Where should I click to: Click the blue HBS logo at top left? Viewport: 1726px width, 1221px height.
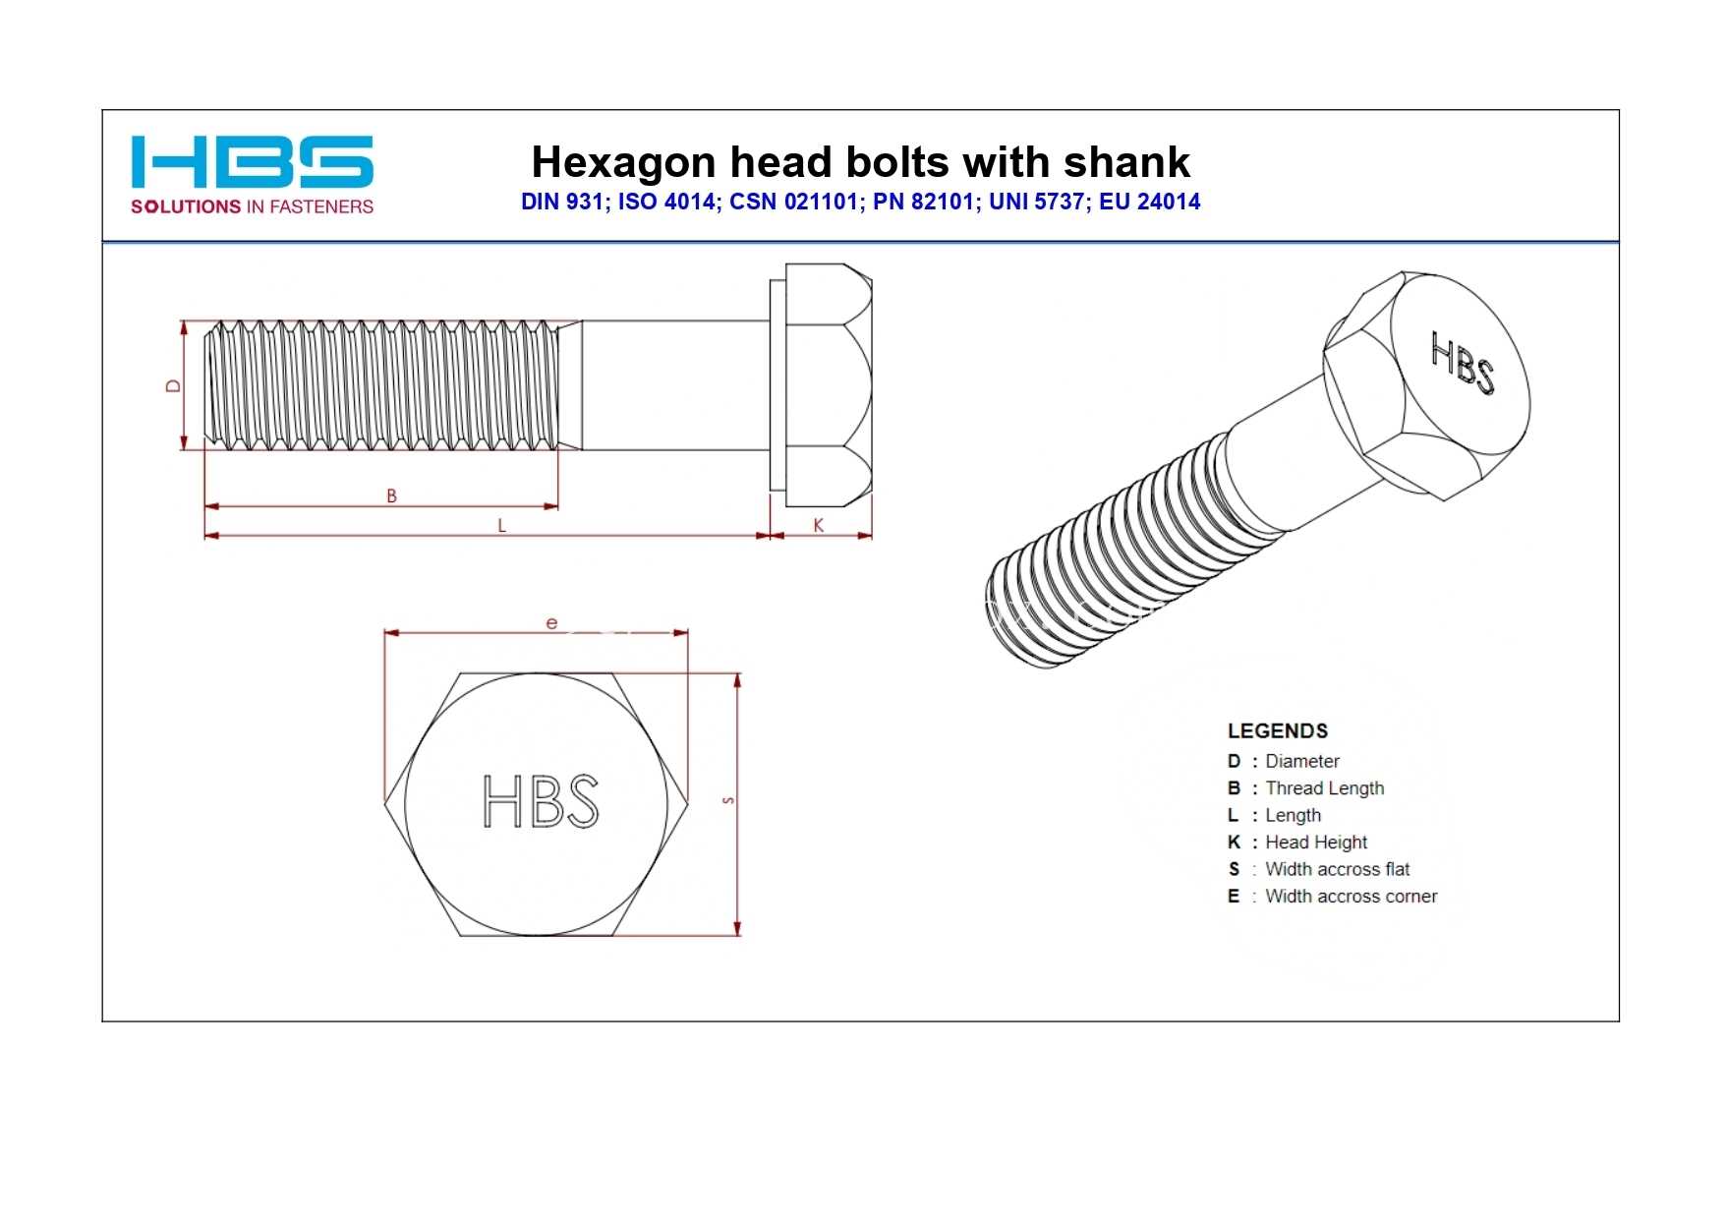252,161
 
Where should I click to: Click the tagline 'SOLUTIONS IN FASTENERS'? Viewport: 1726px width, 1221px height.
252,206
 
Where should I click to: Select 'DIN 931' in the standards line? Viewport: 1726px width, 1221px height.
561,202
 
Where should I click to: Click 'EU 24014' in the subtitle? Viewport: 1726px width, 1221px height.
1150,202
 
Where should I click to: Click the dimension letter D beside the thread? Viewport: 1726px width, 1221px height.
174,386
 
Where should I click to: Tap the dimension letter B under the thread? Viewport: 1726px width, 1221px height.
391,496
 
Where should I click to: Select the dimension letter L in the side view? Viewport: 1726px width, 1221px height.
501,526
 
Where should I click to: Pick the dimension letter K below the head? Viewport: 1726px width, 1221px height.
818,526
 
